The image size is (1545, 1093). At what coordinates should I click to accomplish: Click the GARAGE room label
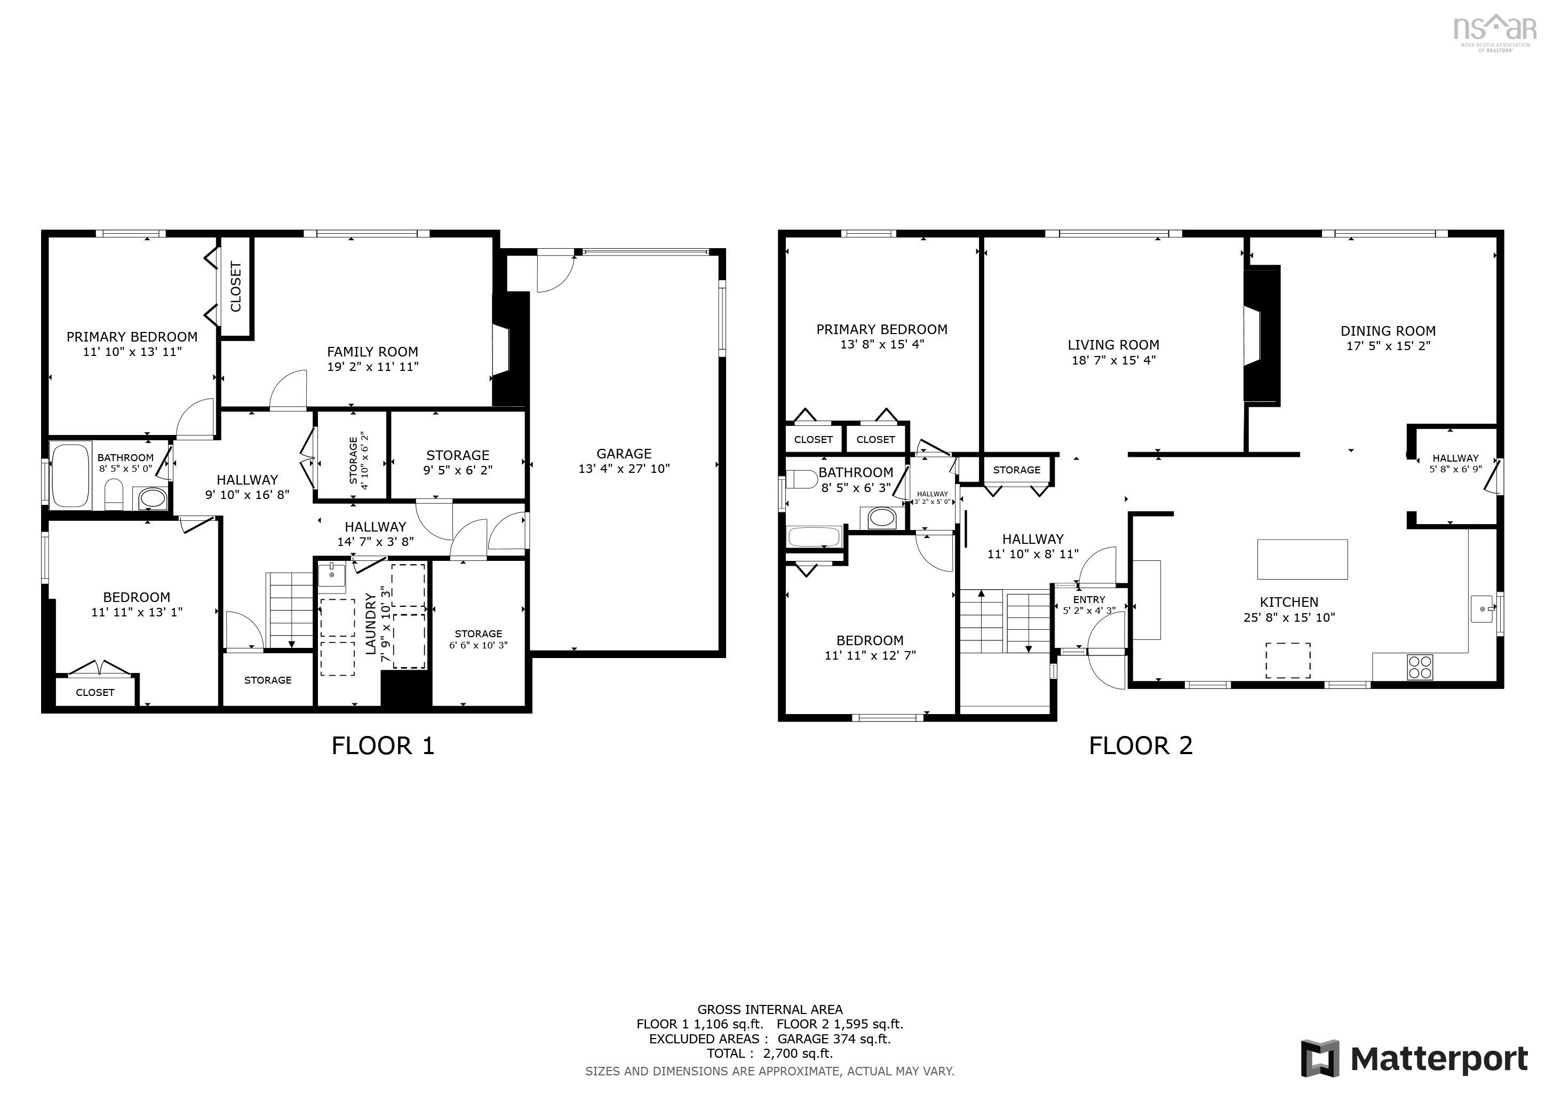623,454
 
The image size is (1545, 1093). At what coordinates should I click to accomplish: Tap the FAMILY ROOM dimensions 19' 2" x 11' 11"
372,367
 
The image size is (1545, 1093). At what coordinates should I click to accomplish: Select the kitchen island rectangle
1302,559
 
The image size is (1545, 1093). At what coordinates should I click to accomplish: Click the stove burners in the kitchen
1420,667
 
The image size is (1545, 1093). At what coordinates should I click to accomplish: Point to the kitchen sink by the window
1481,609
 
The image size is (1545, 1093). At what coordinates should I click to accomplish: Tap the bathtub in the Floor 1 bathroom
70,475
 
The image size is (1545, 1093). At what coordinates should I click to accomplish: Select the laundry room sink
332,577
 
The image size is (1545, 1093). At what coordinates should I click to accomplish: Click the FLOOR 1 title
383,746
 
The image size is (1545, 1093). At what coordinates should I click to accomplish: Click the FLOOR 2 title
1141,746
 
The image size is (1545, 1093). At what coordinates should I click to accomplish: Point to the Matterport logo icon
1319,1059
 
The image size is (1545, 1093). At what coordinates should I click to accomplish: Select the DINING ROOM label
1388,330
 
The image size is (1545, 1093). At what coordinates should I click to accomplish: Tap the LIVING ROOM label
1113,345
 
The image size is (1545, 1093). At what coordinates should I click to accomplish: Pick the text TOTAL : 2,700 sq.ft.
769,1054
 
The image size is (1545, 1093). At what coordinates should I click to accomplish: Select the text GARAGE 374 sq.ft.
834,1039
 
